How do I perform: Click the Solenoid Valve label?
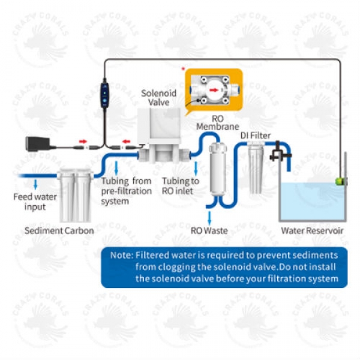point(158,98)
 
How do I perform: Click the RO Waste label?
point(209,230)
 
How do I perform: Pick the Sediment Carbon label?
point(59,230)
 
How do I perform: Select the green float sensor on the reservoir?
point(340,179)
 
